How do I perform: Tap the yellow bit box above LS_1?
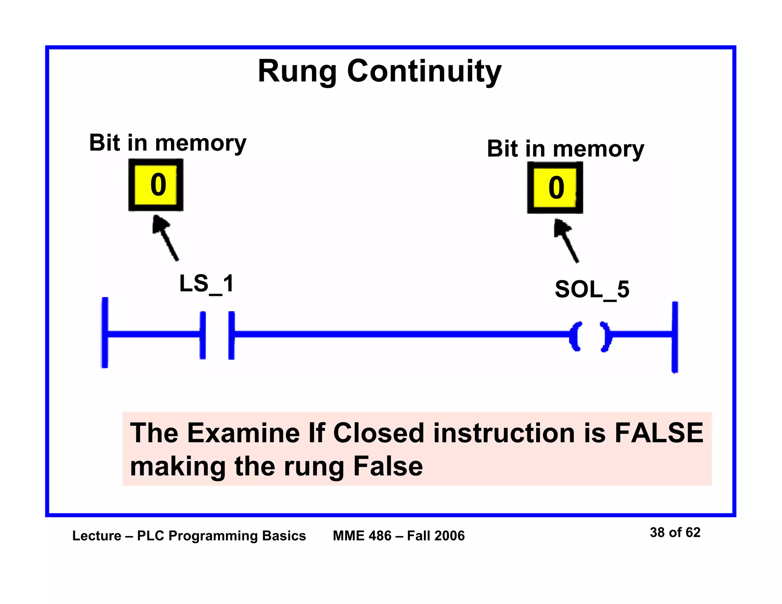click(x=156, y=185)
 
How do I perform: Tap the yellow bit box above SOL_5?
click(x=555, y=187)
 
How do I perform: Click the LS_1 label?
click(x=207, y=284)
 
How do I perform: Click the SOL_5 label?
click(x=591, y=289)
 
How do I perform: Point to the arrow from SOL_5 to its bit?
click(x=567, y=241)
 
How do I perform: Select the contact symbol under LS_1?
click(x=217, y=335)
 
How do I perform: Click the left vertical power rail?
click(x=105, y=332)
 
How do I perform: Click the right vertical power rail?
click(x=675, y=337)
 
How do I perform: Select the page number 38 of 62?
click(x=675, y=532)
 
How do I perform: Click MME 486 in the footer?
click(x=362, y=536)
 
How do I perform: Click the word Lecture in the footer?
click(x=97, y=536)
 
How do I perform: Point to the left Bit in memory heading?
click(x=168, y=143)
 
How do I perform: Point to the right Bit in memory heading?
click(x=565, y=149)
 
